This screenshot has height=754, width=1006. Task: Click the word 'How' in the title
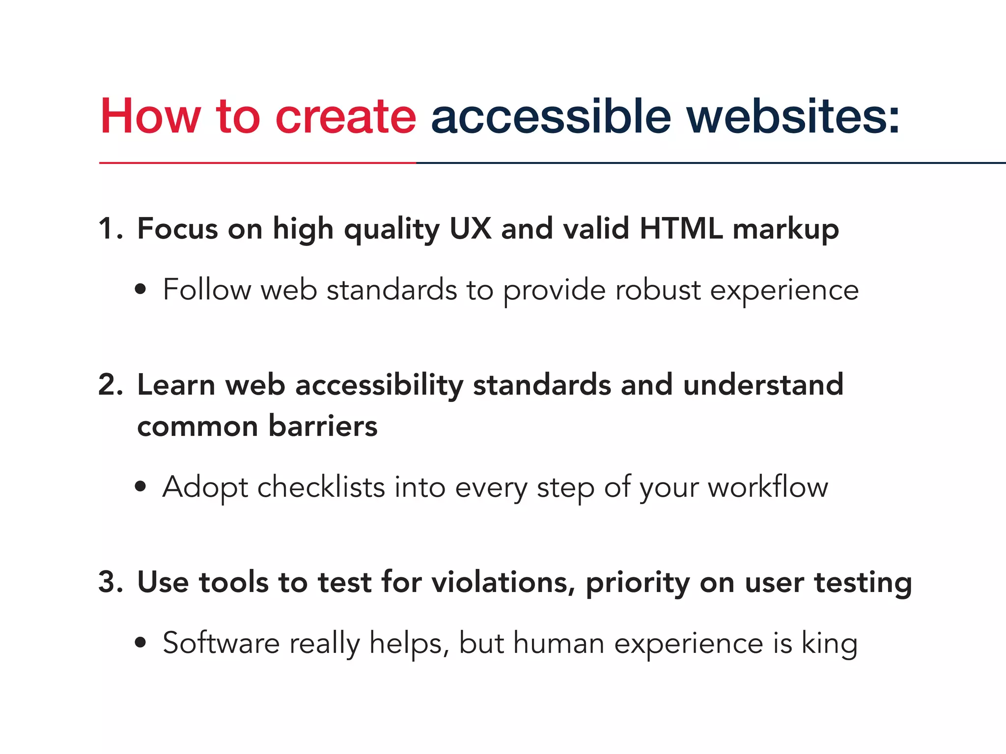point(150,116)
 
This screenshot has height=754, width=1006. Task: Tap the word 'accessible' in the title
point(551,116)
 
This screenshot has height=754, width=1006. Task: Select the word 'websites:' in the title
point(793,116)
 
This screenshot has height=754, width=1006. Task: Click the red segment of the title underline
point(257,162)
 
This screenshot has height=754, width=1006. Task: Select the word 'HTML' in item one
point(681,229)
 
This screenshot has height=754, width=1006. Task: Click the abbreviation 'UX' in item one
point(470,229)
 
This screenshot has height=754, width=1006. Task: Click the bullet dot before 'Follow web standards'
point(140,290)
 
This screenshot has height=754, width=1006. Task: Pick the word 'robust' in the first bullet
point(658,290)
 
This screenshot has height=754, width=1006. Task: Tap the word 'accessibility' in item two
point(379,385)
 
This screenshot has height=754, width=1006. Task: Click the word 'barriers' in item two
point(323,426)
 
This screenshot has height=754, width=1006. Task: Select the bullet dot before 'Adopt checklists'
point(140,486)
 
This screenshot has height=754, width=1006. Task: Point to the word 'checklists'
point(321,487)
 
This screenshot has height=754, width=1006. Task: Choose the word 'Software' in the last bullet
point(221,643)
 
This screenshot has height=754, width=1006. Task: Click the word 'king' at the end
point(830,644)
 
